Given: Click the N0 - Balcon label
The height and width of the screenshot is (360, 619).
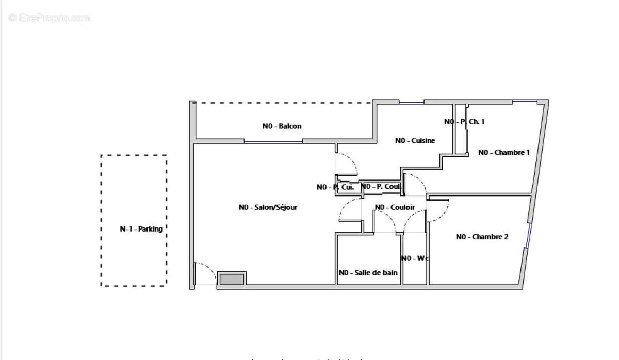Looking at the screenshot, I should (x=282, y=126).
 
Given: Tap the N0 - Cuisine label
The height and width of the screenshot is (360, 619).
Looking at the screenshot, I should (x=415, y=140).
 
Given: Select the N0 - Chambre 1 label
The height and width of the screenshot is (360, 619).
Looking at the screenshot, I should (x=503, y=152).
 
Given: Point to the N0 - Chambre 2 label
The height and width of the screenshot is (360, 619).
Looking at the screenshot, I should (x=482, y=237).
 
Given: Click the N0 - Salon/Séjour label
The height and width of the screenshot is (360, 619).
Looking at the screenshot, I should (x=268, y=207).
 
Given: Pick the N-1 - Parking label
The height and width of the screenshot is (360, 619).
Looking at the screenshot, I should (x=141, y=229).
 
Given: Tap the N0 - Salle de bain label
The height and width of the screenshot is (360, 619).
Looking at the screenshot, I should (x=368, y=272).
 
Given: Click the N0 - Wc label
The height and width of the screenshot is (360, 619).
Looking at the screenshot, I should (x=414, y=258).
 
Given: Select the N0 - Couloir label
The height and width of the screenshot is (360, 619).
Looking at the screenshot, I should (x=395, y=207).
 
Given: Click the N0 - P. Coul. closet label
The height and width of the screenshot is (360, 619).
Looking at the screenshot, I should (x=381, y=187).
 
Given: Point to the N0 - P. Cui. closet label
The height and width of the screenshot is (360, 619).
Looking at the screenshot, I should (x=335, y=187).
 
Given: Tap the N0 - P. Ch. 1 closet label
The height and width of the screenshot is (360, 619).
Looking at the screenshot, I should (x=464, y=122).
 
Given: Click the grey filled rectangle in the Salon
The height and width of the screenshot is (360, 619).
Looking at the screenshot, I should (x=231, y=279).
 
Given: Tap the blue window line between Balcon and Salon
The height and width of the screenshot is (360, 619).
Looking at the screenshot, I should (x=273, y=142).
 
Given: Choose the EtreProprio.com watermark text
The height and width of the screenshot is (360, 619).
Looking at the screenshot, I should (x=49, y=18).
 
